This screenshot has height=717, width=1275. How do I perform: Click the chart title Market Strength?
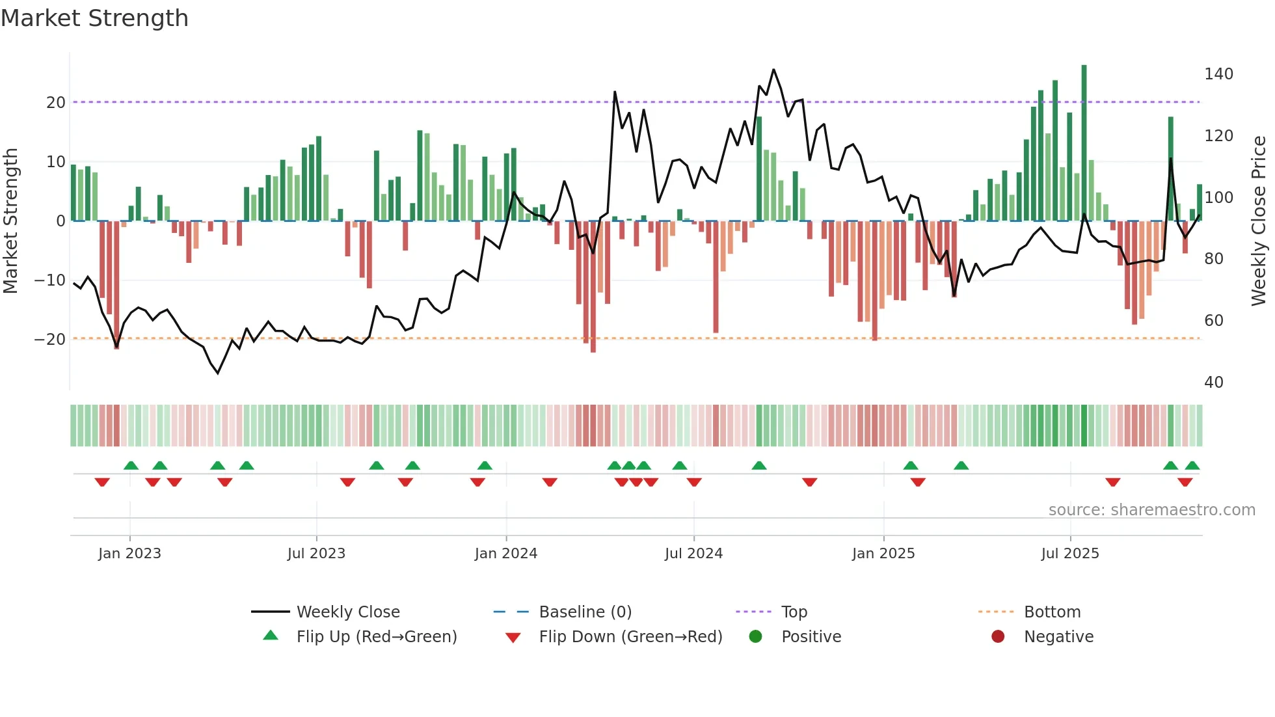(94, 18)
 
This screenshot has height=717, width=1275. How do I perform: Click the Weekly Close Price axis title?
(1259, 221)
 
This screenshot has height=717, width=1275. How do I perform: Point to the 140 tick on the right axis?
(1218, 74)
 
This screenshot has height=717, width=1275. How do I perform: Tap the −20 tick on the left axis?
(50, 340)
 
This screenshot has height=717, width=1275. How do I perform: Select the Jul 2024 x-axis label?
(693, 554)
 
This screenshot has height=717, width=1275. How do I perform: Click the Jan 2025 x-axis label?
(883, 554)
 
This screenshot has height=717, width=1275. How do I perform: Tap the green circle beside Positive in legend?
(755, 637)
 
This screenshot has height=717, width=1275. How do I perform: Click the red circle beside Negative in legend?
(998, 637)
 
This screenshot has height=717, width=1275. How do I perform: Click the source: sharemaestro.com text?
(1151, 510)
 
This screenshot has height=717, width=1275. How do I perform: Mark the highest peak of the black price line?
(773, 70)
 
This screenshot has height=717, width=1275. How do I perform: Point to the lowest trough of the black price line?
(218, 373)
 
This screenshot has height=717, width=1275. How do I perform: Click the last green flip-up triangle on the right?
(1192, 466)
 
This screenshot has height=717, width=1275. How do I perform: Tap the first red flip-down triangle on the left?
(102, 482)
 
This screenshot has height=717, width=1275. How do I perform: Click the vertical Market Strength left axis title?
(10, 221)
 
